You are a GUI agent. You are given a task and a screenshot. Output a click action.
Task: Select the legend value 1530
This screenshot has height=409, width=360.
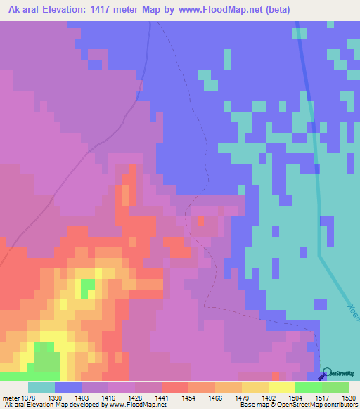click(339, 398)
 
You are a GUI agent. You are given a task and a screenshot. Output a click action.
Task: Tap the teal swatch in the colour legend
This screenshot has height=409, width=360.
click(41, 387)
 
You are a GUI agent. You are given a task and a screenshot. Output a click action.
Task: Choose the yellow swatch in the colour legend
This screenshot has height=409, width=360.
click(281, 387)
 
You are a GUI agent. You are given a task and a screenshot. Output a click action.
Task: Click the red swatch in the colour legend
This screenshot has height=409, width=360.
click(174, 387)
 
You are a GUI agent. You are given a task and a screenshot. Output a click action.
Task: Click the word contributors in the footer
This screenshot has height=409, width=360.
click(339, 405)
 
